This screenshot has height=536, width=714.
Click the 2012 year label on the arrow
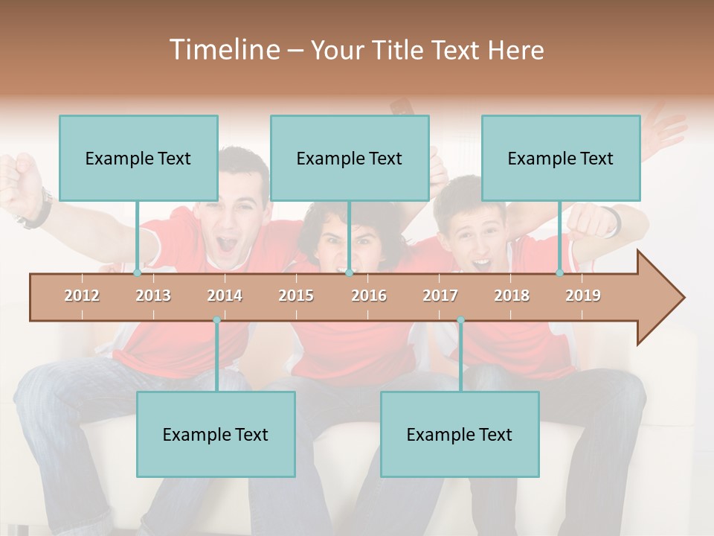tap(82, 296)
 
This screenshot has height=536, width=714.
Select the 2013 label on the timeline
tap(153, 296)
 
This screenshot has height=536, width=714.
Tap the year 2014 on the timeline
tap(225, 296)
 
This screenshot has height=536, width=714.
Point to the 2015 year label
tap(296, 296)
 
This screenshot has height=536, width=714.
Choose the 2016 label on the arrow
tap(369, 296)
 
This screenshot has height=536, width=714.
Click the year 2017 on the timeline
tap(440, 296)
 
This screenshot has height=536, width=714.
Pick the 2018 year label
tap(512, 296)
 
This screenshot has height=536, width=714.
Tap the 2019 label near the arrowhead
tap(583, 296)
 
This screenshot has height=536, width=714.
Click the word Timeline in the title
tap(222, 50)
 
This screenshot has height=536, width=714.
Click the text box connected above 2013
tap(138, 158)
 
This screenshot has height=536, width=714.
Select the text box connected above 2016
tap(350, 158)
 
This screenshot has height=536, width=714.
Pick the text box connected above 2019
tap(561, 158)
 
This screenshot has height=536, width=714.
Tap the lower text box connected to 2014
tap(216, 434)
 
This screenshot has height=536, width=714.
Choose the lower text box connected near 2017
tap(460, 434)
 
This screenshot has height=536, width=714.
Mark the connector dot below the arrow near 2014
tap(216, 320)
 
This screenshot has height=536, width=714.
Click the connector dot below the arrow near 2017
tap(460, 320)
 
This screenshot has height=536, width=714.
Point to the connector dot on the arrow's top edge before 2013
tap(138, 272)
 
